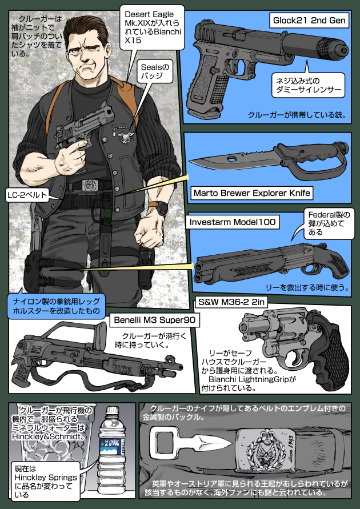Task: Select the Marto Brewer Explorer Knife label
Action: (251, 193)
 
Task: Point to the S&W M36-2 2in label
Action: (232, 302)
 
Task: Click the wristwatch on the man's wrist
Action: (162, 207)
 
